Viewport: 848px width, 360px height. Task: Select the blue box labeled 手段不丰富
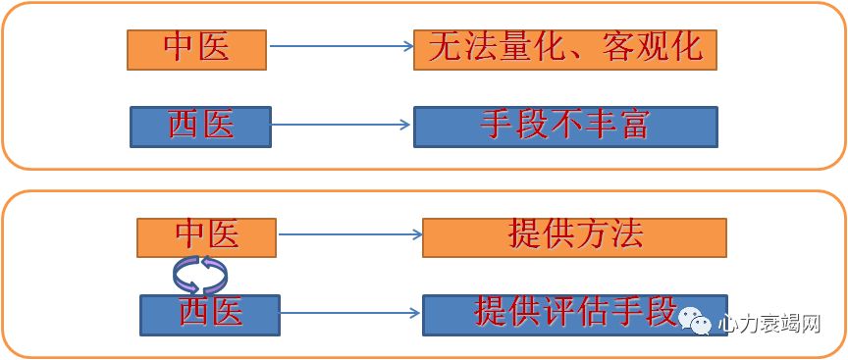[x=564, y=126]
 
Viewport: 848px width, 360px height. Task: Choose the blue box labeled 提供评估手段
[x=574, y=314]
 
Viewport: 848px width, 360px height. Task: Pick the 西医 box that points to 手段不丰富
[x=200, y=127]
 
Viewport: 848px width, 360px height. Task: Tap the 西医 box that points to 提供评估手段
[x=210, y=314]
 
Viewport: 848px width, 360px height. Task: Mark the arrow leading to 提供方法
[x=349, y=234]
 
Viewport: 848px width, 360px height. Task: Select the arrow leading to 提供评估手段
[x=349, y=314]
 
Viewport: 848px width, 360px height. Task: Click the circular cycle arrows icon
[x=200, y=275]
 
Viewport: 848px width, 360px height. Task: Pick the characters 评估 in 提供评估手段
[x=575, y=313]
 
